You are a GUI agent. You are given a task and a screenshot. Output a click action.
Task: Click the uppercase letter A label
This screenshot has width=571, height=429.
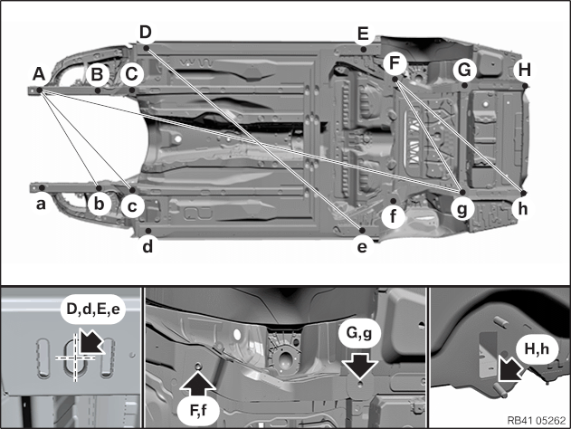tap(38, 72)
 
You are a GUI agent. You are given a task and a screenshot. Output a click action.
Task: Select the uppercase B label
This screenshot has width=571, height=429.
tap(99, 73)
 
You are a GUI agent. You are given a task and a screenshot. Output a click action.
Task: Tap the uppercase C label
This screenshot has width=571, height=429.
tap(132, 73)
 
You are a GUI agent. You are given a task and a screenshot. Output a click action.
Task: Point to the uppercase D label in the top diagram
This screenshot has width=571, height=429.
tap(145, 33)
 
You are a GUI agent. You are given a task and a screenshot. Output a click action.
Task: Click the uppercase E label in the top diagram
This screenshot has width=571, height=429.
tap(363, 34)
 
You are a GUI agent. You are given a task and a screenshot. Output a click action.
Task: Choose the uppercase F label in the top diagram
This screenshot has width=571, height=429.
tap(394, 63)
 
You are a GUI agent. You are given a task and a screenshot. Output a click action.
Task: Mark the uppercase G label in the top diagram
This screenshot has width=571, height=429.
tap(464, 69)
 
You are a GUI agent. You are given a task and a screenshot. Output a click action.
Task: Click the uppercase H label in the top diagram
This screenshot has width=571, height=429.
tap(524, 70)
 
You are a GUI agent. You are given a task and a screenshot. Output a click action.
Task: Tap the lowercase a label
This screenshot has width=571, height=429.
tap(40, 205)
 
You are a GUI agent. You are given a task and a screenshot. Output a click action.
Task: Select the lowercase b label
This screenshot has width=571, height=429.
tap(100, 204)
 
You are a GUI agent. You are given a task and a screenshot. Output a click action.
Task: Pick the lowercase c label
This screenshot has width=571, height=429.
tap(132, 206)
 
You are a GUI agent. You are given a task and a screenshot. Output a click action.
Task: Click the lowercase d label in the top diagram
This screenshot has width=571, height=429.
tap(148, 244)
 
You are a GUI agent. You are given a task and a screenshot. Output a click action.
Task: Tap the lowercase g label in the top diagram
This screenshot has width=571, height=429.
tap(462, 207)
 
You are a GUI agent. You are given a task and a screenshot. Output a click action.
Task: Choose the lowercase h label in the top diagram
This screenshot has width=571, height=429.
tap(521, 207)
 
